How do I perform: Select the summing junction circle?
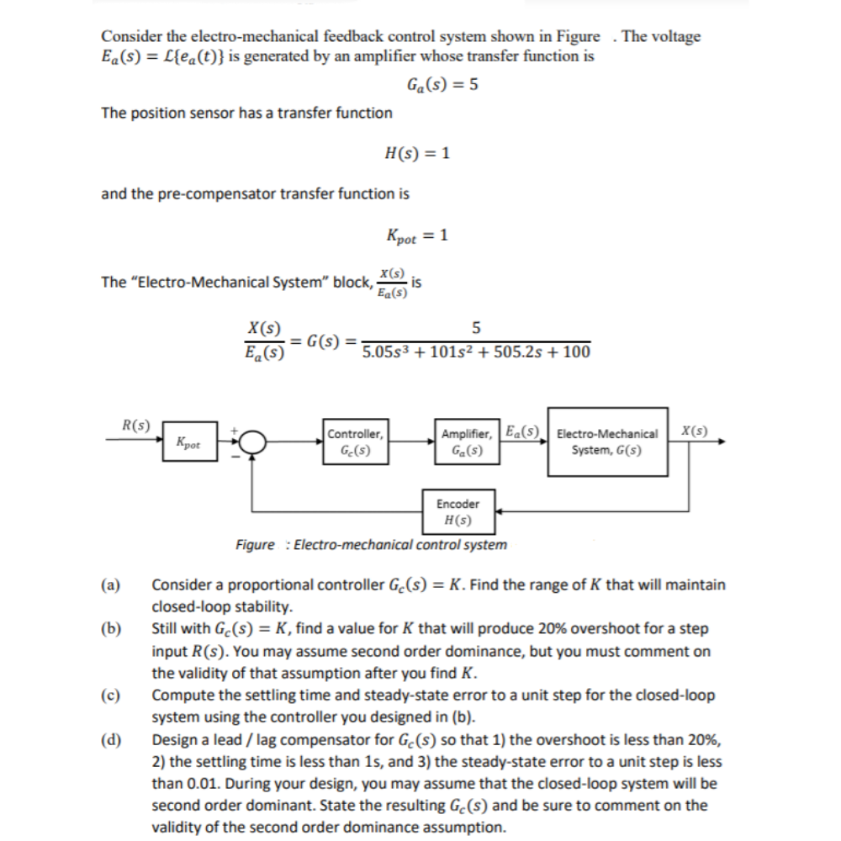[x=255, y=442]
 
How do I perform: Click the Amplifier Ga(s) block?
[x=466, y=442]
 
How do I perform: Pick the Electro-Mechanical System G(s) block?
[x=607, y=442]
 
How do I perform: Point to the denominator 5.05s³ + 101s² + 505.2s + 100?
[x=475, y=352]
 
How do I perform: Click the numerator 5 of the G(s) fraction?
[x=476, y=326]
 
